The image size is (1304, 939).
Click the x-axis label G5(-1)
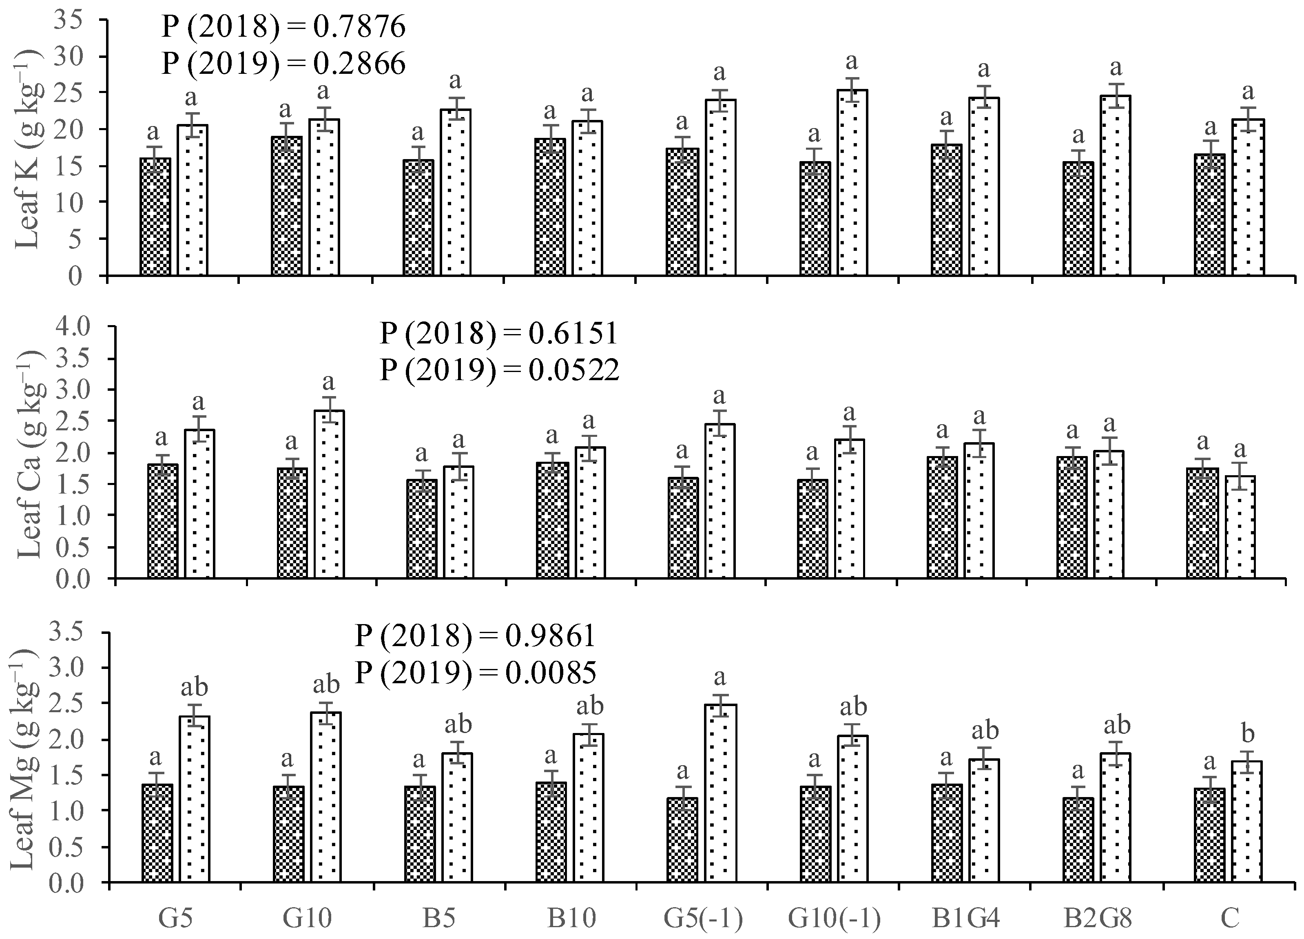pos(703,918)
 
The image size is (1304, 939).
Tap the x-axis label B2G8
pos(1097,918)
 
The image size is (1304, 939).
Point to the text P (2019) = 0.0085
pos(475,672)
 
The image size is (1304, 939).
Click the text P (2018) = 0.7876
pos(283,27)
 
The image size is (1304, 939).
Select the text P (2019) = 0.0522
pos(499,370)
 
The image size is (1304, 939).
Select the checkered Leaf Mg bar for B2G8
pos(1078,839)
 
